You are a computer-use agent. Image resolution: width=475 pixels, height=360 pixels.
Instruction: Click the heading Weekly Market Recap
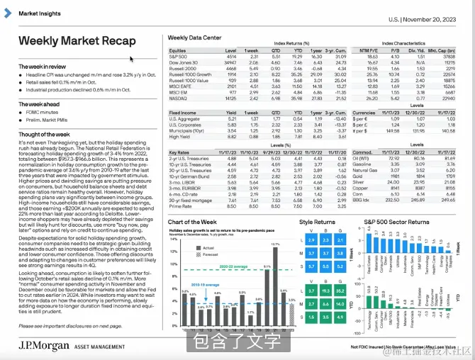(x=77, y=41)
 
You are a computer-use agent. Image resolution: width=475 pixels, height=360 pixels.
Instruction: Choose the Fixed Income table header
(x=183, y=113)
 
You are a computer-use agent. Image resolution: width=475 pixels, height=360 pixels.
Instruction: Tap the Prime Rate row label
(x=180, y=205)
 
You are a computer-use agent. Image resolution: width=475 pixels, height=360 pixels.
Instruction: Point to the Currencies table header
(x=364, y=113)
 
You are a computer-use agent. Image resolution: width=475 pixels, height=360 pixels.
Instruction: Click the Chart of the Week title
(x=192, y=223)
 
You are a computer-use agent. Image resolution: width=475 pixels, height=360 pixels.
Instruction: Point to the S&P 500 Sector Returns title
(x=397, y=223)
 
